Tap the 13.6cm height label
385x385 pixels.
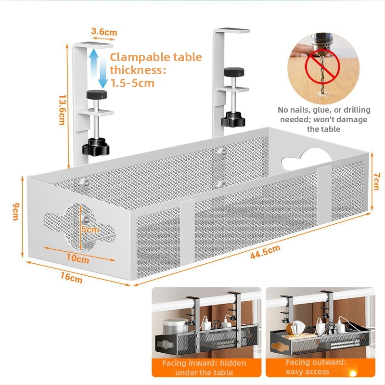pyautogui.click(x=62, y=109)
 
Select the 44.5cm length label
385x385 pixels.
pyautogui.click(x=265, y=252)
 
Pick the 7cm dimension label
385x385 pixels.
pyautogui.click(x=377, y=181)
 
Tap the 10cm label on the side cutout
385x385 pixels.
pyautogui.click(x=77, y=258)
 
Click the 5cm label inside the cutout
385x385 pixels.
pyautogui.click(x=90, y=230)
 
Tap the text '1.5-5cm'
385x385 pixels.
pyautogui.click(x=132, y=83)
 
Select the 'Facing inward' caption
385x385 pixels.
pyautogui.click(x=204, y=368)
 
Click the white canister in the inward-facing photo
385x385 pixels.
pyautogui.click(x=171, y=329)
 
